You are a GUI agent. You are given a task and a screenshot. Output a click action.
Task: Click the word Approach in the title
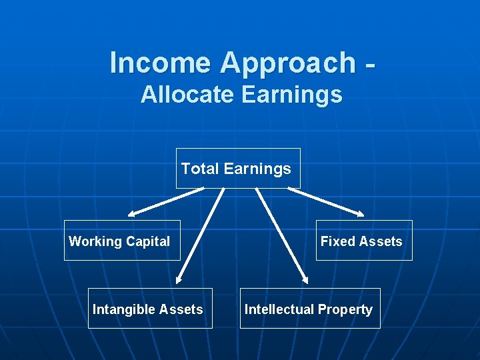coord(288,63)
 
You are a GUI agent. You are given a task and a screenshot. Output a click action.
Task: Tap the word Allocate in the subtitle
coord(187,95)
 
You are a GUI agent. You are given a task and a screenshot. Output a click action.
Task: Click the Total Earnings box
coord(238,169)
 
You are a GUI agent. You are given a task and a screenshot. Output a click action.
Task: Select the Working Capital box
coord(122,241)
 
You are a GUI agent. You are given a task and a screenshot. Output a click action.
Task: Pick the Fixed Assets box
coord(364,241)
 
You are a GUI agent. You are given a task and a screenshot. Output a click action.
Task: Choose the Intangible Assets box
coord(151,309)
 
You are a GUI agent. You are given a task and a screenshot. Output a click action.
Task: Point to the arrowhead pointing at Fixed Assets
coord(360,215)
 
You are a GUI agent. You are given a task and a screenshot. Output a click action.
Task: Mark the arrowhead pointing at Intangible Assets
coord(180,281)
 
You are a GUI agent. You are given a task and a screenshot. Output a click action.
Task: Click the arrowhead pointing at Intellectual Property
coord(304,281)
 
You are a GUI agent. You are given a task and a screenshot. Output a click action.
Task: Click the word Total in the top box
coord(200,169)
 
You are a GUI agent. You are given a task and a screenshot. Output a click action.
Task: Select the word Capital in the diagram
coord(147,241)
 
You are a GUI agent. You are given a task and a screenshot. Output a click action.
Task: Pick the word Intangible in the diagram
coord(120,309)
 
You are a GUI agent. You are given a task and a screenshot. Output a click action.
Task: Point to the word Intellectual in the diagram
coord(279,309)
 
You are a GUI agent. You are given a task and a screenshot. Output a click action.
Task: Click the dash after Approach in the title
coord(371,65)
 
